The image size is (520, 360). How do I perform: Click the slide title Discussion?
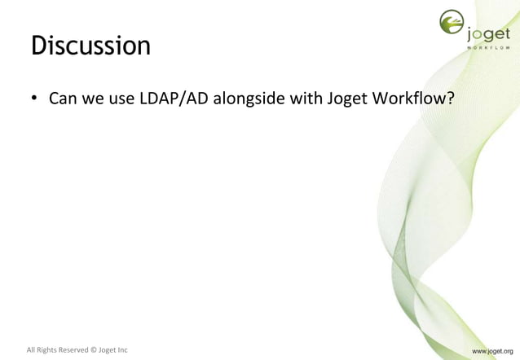(x=90, y=46)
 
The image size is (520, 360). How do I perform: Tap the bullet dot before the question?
(x=35, y=100)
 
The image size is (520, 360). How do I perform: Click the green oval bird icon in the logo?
(x=452, y=24)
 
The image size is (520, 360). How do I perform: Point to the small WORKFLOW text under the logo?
(x=489, y=47)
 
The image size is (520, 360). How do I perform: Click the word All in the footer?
(x=32, y=351)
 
